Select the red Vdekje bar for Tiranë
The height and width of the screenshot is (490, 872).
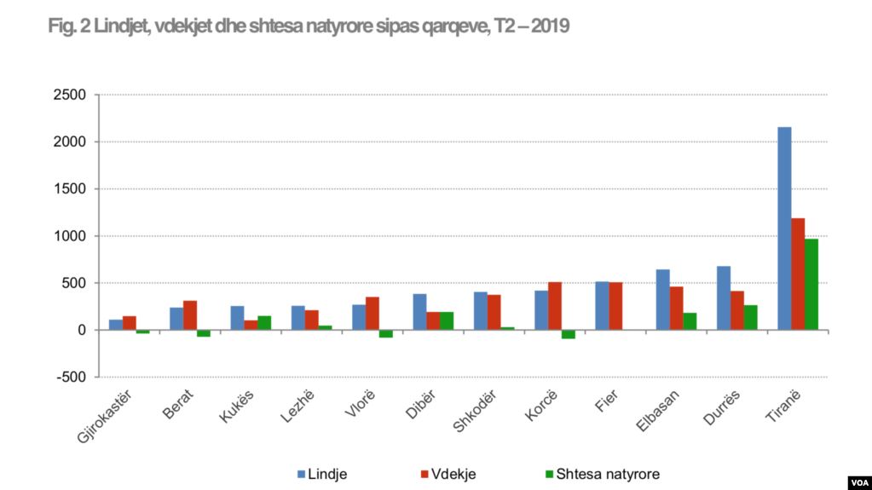[x=798, y=274]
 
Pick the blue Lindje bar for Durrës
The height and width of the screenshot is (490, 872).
[x=724, y=297]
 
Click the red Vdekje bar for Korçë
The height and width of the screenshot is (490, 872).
[x=555, y=306]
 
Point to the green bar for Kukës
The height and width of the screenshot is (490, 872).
[x=264, y=323]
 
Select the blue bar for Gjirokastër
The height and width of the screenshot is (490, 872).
[x=115, y=325]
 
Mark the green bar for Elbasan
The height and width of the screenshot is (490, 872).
[x=690, y=321]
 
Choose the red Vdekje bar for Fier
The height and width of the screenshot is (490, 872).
[x=615, y=306]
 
